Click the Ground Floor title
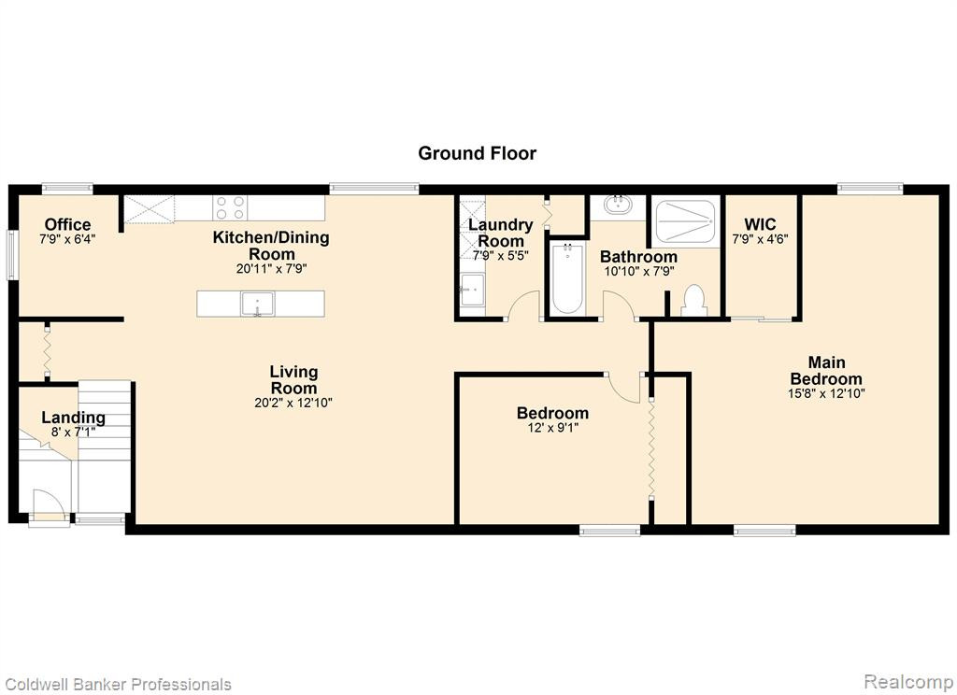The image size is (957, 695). coord(477,153)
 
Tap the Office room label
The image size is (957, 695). coord(67,224)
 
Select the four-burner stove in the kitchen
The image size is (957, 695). coord(230,207)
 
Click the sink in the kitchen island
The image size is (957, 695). coord(258,304)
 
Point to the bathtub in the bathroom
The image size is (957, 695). coord(567,278)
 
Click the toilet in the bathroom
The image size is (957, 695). coord(693,301)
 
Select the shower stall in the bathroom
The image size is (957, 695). coord(684,220)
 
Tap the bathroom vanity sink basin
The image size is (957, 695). coord(619,204)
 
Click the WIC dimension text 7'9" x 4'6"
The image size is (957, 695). coord(760,239)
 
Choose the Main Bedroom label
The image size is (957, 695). coord(826,370)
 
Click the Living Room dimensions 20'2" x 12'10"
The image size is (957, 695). coord(293,403)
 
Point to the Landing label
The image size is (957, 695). coord(73,418)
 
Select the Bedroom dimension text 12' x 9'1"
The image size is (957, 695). coord(553,428)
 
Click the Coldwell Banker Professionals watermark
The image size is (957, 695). coord(117,684)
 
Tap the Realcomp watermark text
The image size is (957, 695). coord(908,681)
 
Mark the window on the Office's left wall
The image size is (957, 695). coord(11,254)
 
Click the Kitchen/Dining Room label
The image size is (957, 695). coord(271,246)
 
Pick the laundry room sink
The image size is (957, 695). coord(472,289)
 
